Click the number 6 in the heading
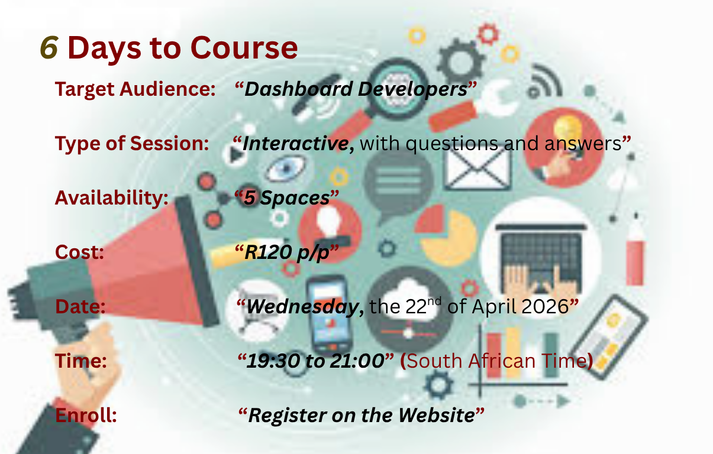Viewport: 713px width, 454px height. click(x=49, y=47)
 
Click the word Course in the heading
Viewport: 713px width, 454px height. click(x=244, y=48)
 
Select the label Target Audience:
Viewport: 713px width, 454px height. click(x=135, y=89)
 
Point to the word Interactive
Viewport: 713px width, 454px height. click(x=295, y=144)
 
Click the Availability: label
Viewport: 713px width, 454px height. click(x=111, y=198)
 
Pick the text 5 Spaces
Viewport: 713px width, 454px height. click(x=287, y=198)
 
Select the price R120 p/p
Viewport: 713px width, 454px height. click(x=287, y=252)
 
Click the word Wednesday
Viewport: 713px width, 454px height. click(x=303, y=307)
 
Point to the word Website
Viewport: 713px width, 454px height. click(x=437, y=415)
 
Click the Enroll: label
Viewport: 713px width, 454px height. click(x=86, y=415)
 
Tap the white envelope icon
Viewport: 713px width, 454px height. click(x=477, y=169)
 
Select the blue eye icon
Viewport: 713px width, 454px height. click(x=285, y=168)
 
